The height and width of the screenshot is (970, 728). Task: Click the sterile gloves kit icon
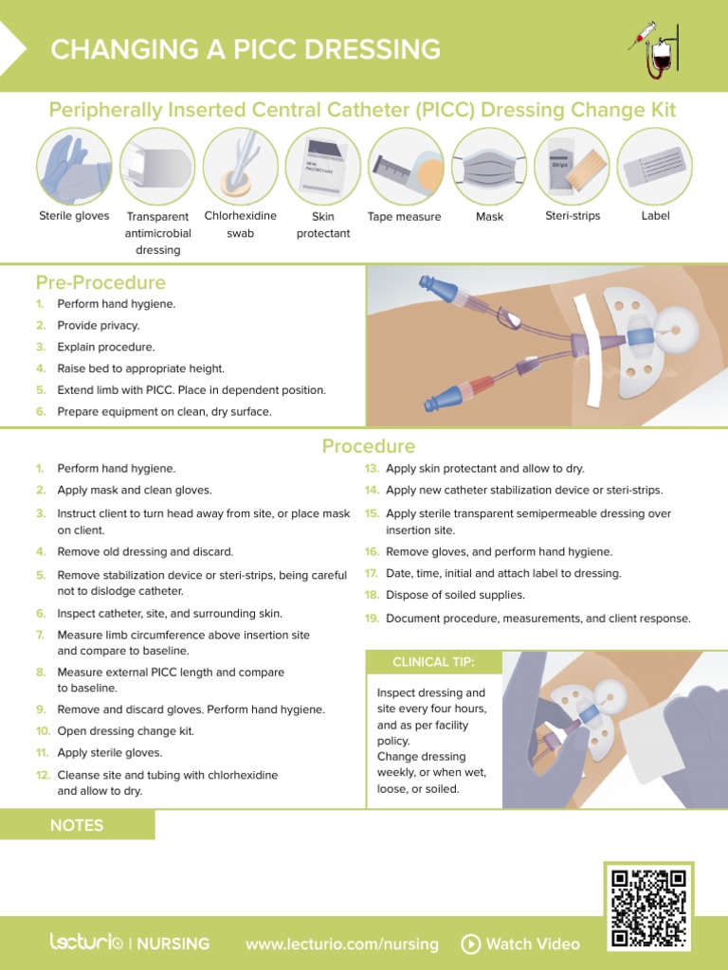[74, 167]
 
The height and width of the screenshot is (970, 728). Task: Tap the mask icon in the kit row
[489, 167]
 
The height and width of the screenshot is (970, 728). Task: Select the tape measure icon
[406, 168]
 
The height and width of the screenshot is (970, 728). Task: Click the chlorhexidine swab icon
[240, 167]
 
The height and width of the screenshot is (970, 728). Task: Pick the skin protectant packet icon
[322, 167]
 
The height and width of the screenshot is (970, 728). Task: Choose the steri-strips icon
[573, 167]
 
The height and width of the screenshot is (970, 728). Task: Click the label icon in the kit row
[655, 167]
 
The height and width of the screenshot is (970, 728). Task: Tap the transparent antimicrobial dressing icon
[157, 167]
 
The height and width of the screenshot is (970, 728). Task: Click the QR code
[648, 907]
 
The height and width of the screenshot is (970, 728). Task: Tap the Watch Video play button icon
[471, 943]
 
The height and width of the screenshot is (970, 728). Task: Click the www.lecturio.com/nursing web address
[341, 943]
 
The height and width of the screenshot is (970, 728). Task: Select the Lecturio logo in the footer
[86, 943]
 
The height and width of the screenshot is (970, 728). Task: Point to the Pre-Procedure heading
[100, 282]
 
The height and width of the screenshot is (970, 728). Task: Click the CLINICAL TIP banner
[433, 661]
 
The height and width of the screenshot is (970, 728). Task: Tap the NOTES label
[77, 825]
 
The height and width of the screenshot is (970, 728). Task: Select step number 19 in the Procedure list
[373, 619]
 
